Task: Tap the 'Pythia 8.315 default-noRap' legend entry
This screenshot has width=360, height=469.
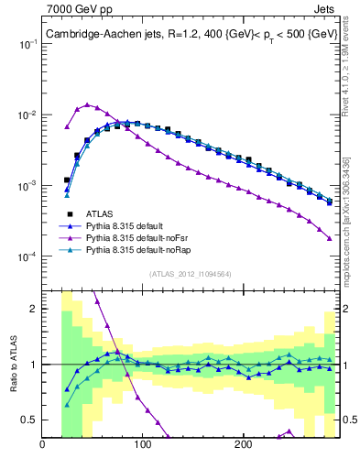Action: tap(142, 249)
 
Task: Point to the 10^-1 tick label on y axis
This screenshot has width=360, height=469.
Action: tap(27, 45)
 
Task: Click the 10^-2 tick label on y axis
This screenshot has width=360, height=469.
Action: tap(27, 115)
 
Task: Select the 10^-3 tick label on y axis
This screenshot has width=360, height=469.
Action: tap(27, 186)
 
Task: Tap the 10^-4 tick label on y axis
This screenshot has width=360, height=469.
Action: tap(27, 256)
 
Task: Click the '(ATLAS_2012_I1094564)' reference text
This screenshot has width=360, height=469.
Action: tap(189, 272)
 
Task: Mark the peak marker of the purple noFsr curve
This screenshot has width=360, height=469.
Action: tap(87, 105)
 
